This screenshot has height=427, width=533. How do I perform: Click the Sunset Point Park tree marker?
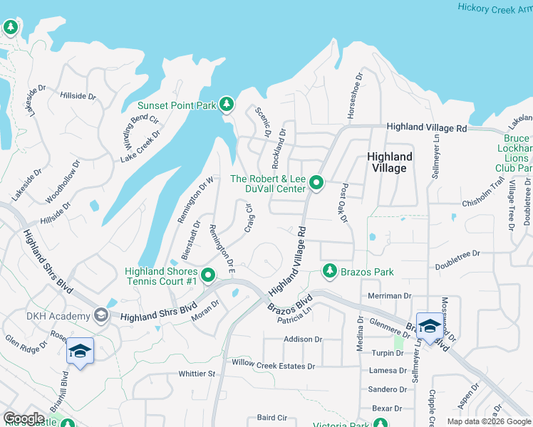coord(227,105)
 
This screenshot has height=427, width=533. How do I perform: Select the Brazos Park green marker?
coord(329,271)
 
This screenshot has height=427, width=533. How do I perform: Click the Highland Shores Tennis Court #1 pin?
coord(208,275)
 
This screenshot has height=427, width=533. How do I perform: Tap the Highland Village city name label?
coord(390,162)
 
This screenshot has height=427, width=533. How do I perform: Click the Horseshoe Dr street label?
coord(354,88)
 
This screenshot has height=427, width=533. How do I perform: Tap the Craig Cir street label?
coord(249,218)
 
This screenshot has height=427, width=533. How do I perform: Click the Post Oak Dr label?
coord(342,203)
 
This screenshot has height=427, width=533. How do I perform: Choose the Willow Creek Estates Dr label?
coord(273,365)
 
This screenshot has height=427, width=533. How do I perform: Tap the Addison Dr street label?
coord(304,339)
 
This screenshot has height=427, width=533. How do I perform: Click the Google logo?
coord(24,418)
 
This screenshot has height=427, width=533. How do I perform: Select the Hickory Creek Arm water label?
coord(495,9)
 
